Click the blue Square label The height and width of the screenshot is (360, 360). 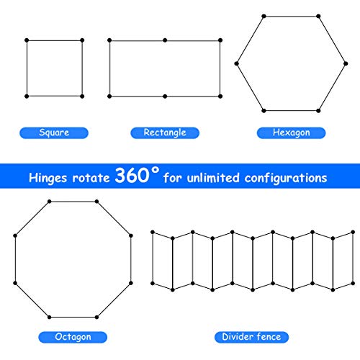click(x=54, y=132)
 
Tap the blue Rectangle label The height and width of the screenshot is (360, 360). click(x=165, y=132)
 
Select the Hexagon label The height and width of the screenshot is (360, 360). click(x=291, y=132)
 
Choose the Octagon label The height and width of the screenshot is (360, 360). click(x=73, y=337)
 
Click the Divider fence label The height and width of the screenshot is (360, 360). click(x=251, y=337)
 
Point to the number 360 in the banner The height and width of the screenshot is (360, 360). click(x=132, y=175)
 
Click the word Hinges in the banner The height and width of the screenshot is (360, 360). click(x=48, y=178)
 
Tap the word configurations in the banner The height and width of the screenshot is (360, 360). click(x=286, y=179)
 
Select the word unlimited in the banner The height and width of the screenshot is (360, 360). click(x=213, y=178)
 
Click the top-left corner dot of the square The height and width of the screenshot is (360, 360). click(x=27, y=40)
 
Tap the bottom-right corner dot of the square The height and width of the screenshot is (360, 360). click(x=82, y=96)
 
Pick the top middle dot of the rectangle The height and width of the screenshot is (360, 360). click(x=165, y=40)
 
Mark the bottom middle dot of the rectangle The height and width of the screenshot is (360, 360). click(x=165, y=96)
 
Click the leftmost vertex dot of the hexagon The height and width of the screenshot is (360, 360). click(x=237, y=63)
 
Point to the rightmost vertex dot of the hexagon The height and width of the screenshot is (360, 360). click(x=346, y=63)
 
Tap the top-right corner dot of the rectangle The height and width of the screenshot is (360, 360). click(x=220, y=40)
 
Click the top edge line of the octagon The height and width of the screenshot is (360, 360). click(x=73, y=202)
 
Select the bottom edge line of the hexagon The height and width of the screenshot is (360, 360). click(x=291, y=111)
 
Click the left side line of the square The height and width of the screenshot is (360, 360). click(x=27, y=68)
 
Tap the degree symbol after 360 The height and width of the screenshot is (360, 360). click(x=156, y=170)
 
